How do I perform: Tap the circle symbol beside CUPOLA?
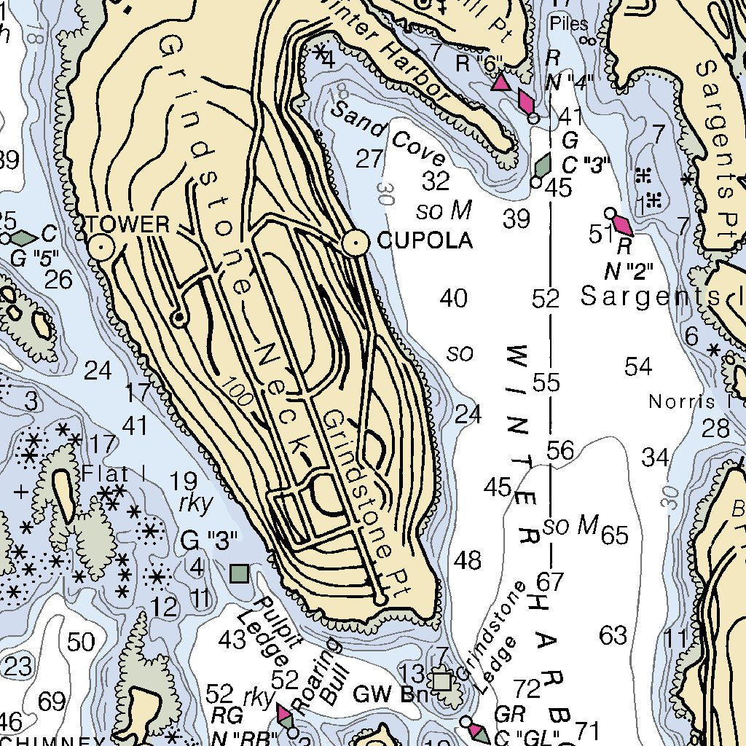(x=356, y=242)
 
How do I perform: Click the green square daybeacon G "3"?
(x=238, y=573)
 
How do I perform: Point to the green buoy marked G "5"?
(x=23, y=238)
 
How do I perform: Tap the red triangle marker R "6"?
(x=500, y=82)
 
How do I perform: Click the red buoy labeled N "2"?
(x=623, y=224)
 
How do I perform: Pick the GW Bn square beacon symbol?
(x=441, y=681)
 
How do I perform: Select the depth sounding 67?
(x=551, y=582)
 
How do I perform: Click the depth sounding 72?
(x=527, y=688)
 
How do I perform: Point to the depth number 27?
(x=369, y=159)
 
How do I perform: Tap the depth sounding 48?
(x=467, y=560)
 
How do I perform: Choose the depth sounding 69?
(x=51, y=702)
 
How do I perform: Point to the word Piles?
(x=569, y=23)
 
